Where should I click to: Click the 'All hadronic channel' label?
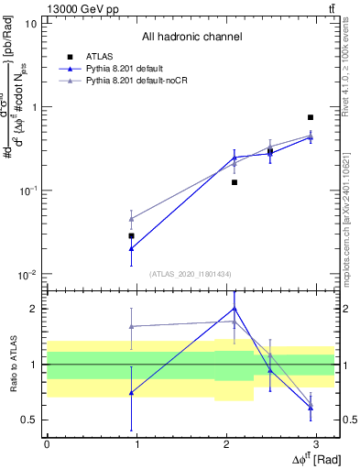click(x=191, y=38)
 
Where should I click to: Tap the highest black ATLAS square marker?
click(x=311, y=117)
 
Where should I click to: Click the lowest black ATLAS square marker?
click(x=132, y=235)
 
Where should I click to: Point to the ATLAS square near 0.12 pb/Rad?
click(x=235, y=182)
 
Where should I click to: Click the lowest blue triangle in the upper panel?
click(x=132, y=248)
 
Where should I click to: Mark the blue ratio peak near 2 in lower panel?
click(x=235, y=309)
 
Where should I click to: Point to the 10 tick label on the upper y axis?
click(x=30, y=23)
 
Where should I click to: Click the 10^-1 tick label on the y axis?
click(x=27, y=191)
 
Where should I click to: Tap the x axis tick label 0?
click(x=47, y=444)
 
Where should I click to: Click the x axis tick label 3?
click(x=315, y=444)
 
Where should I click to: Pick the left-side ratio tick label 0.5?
click(x=31, y=420)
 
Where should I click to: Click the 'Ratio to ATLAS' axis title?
click(x=12, y=364)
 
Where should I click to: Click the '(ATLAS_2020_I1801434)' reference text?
click(x=191, y=274)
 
